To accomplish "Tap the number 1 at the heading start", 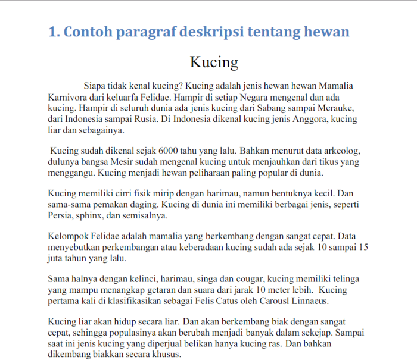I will pos(52,32).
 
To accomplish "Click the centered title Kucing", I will pos(214,62).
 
